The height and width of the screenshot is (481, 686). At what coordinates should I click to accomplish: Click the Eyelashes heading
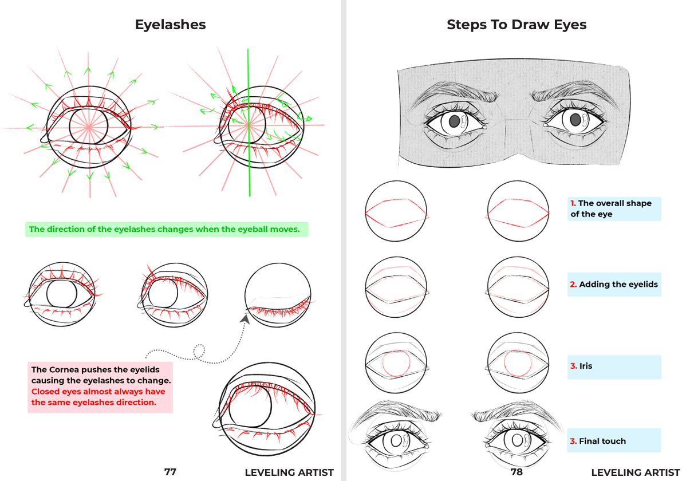click(x=170, y=25)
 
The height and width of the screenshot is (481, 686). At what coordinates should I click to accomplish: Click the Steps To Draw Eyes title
click(x=516, y=25)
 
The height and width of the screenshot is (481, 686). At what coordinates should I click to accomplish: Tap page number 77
click(x=170, y=472)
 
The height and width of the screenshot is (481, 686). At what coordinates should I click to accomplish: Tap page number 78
click(x=517, y=472)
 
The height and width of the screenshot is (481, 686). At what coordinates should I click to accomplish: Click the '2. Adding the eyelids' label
click(x=614, y=284)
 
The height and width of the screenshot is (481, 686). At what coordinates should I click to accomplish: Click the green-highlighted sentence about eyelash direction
click(x=167, y=230)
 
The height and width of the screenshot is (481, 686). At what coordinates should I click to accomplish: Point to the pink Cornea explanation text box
click(x=101, y=387)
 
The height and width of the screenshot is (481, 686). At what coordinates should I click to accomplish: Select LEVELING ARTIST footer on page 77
click(x=289, y=472)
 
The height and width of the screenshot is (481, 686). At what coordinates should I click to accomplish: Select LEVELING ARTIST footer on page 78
click(x=635, y=472)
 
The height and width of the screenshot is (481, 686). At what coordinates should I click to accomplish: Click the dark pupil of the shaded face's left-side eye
click(x=455, y=121)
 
